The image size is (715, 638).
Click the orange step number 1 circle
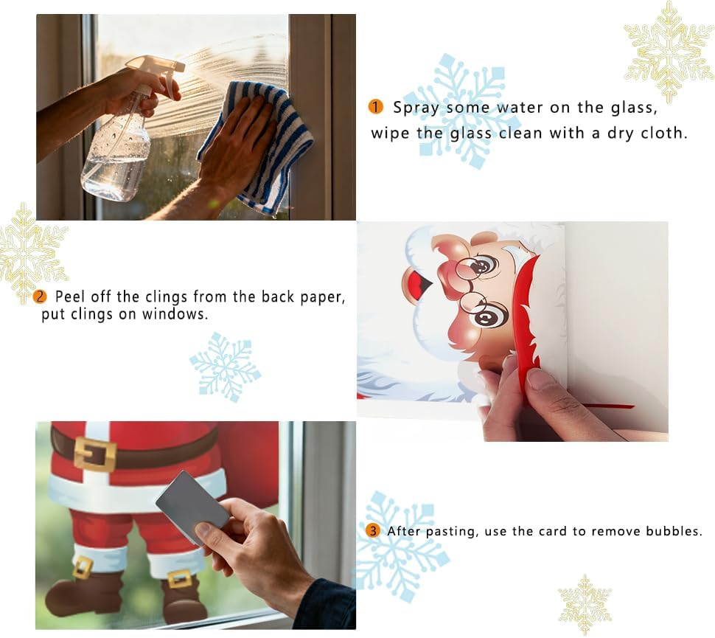coord(375,107)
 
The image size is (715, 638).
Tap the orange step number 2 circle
coord(40,297)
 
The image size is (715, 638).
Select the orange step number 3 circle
coord(373,531)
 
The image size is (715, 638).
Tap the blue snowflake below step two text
coord(226,367)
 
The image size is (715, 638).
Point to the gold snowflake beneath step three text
coord(585,604)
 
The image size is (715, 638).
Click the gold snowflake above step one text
coord(669,51)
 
